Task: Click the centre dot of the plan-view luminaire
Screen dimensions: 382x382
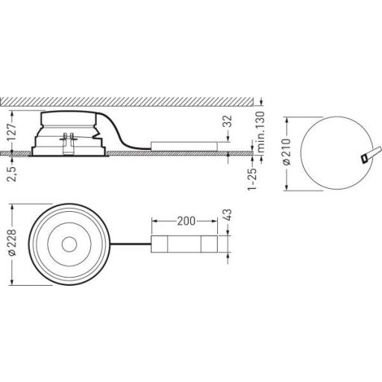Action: pos(72,245)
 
